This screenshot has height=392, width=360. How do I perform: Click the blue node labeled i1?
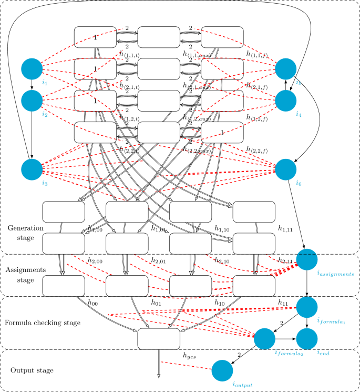click(32, 69)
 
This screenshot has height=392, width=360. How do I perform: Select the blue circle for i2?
click(32, 99)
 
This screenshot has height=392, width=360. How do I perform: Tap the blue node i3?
click(32, 169)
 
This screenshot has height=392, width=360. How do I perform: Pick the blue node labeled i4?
click(286, 99)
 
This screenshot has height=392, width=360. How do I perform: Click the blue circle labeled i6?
click(286, 169)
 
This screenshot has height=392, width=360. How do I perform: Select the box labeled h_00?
click(64, 285)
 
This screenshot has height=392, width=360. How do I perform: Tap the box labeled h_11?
click(254, 285)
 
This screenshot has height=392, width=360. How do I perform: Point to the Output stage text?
click(32, 370)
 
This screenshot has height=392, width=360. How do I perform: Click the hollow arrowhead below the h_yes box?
click(159, 375)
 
